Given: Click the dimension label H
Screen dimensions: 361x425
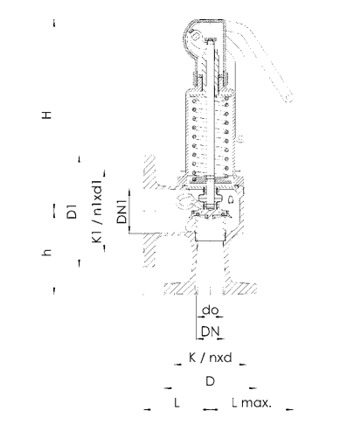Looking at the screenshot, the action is pos(46,115).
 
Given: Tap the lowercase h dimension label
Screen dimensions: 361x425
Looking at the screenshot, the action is pos(46,252).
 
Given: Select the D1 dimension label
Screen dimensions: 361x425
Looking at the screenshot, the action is pos(72,212).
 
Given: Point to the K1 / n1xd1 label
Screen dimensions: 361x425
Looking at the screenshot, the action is pos(98,212).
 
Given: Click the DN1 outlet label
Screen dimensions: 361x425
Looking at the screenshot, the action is pos(122,212).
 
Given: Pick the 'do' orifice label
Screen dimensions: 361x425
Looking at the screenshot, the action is pos(211,310).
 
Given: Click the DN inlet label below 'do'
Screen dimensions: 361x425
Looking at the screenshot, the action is pos(211,331).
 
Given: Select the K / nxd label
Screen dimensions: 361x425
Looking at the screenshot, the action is pos(211,357).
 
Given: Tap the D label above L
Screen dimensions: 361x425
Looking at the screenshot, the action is pos(211,381).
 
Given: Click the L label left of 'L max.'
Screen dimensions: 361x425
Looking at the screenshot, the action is pos(177,402).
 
